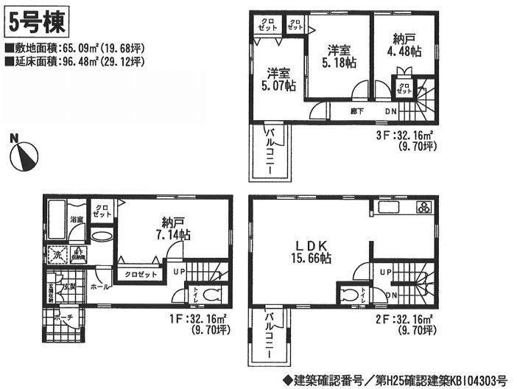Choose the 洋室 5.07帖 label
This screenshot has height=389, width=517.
tap(279, 80)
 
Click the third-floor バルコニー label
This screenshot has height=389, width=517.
tap(272, 152)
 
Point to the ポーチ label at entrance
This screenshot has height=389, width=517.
tap(64, 319)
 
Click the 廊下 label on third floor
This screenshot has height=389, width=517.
tap(357, 111)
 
